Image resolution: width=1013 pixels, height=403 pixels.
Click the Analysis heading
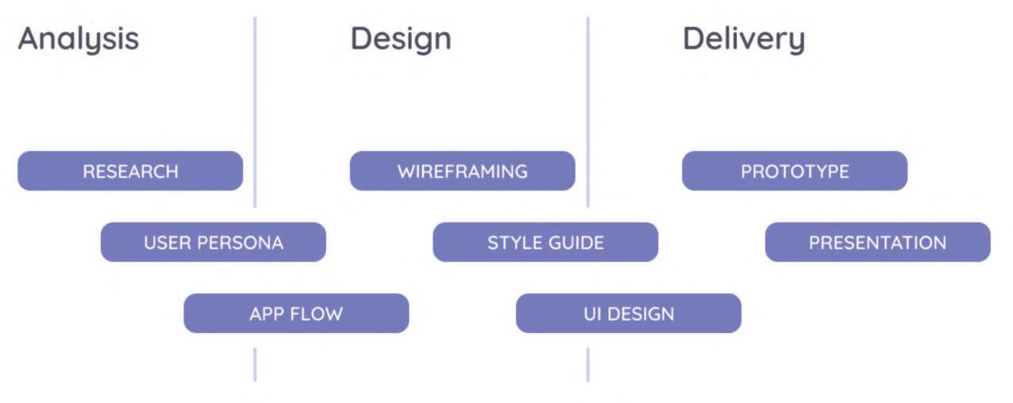[78, 39]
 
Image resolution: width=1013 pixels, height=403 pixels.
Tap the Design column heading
[400, 39]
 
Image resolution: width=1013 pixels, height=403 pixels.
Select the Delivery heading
[743, 39]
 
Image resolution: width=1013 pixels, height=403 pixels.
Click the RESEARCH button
[130, 171]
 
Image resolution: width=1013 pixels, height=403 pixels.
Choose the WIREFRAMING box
[462, 171]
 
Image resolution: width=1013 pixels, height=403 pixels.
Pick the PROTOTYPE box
[794, 171]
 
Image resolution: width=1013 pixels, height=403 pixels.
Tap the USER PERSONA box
[213, 242]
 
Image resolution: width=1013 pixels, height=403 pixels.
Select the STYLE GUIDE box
[545, 242]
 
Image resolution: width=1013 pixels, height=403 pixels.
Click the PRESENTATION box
[877, 242]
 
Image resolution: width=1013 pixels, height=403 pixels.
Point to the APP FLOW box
[296, 313]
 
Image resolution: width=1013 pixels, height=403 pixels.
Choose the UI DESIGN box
[628, 313]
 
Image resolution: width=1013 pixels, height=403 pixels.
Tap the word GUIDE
[576, 242]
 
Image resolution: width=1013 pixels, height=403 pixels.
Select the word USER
[165, 242]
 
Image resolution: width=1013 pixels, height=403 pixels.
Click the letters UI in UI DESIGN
[592, 313]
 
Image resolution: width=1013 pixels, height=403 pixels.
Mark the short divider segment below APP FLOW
[255, 364]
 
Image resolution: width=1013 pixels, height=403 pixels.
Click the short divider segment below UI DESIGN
[588, 364]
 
